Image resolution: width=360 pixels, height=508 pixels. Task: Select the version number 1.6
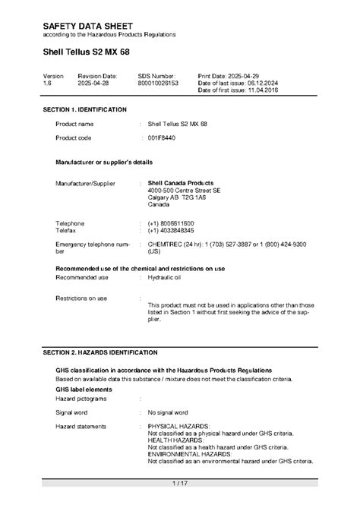tap(47, 83)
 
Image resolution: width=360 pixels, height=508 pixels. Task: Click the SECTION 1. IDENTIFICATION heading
tap(85, 110)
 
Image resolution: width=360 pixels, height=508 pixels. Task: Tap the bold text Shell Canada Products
tap(180, 183)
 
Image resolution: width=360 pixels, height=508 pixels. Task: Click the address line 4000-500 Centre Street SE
tap(185, 191)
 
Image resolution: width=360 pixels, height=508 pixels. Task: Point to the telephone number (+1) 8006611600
tap(171, 222)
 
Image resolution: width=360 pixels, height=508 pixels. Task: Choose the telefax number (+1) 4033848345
tap(171, 229)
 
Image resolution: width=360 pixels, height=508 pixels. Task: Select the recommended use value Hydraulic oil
tap(166, 278)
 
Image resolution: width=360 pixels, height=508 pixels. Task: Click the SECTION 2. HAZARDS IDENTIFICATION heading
tap(100, 352)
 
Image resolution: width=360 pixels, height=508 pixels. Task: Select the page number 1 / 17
tap(180, 483)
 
